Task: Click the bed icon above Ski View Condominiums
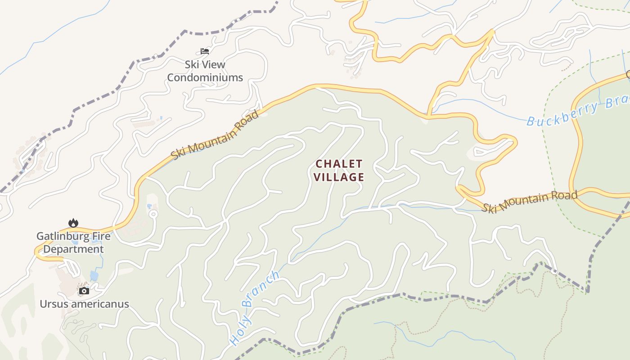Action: click(x=205, y=51)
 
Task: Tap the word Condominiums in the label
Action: click(x=205, y=77)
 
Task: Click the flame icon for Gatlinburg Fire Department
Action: click(x=73, y=223)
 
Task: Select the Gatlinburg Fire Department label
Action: click(x=73, y=243)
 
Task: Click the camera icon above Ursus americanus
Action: click(x=84, y=291)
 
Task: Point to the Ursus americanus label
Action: click(x=84, y=304)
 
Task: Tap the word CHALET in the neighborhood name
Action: click(x=339, y=163)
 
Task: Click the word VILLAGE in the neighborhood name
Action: click(x=339, y=177)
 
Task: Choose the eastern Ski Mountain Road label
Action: click(x=529, y=202)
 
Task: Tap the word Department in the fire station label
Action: click(x=74, y=249)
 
